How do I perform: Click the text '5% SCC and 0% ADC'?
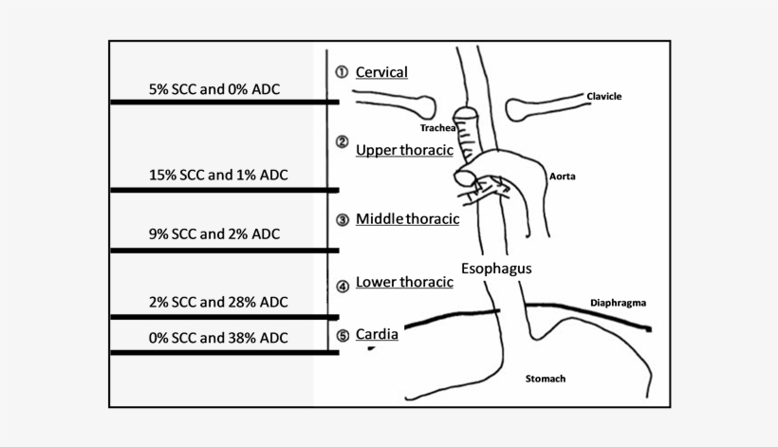click(219, 89)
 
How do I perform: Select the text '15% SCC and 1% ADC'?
click(218, 175)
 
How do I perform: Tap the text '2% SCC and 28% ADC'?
click(218, 302)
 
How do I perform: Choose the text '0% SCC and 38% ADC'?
click(218, 337)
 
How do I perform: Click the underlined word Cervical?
click(381, 72)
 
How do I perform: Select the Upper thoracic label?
click(404, 150)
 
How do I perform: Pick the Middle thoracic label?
click(407, 219)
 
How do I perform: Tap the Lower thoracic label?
click(403, 283)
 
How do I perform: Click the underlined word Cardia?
click(377, 334)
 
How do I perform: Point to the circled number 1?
click(342, 72)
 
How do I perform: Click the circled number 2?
click(343, 142)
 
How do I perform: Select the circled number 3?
click(343, 219)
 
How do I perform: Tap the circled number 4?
click(343, 286)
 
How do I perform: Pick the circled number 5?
click(343, 334)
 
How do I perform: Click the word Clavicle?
click(604, 96)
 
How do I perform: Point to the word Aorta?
click(563, 176)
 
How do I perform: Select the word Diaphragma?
click(618, 303)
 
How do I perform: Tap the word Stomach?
click(546, 379)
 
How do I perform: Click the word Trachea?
click(438, 126)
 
